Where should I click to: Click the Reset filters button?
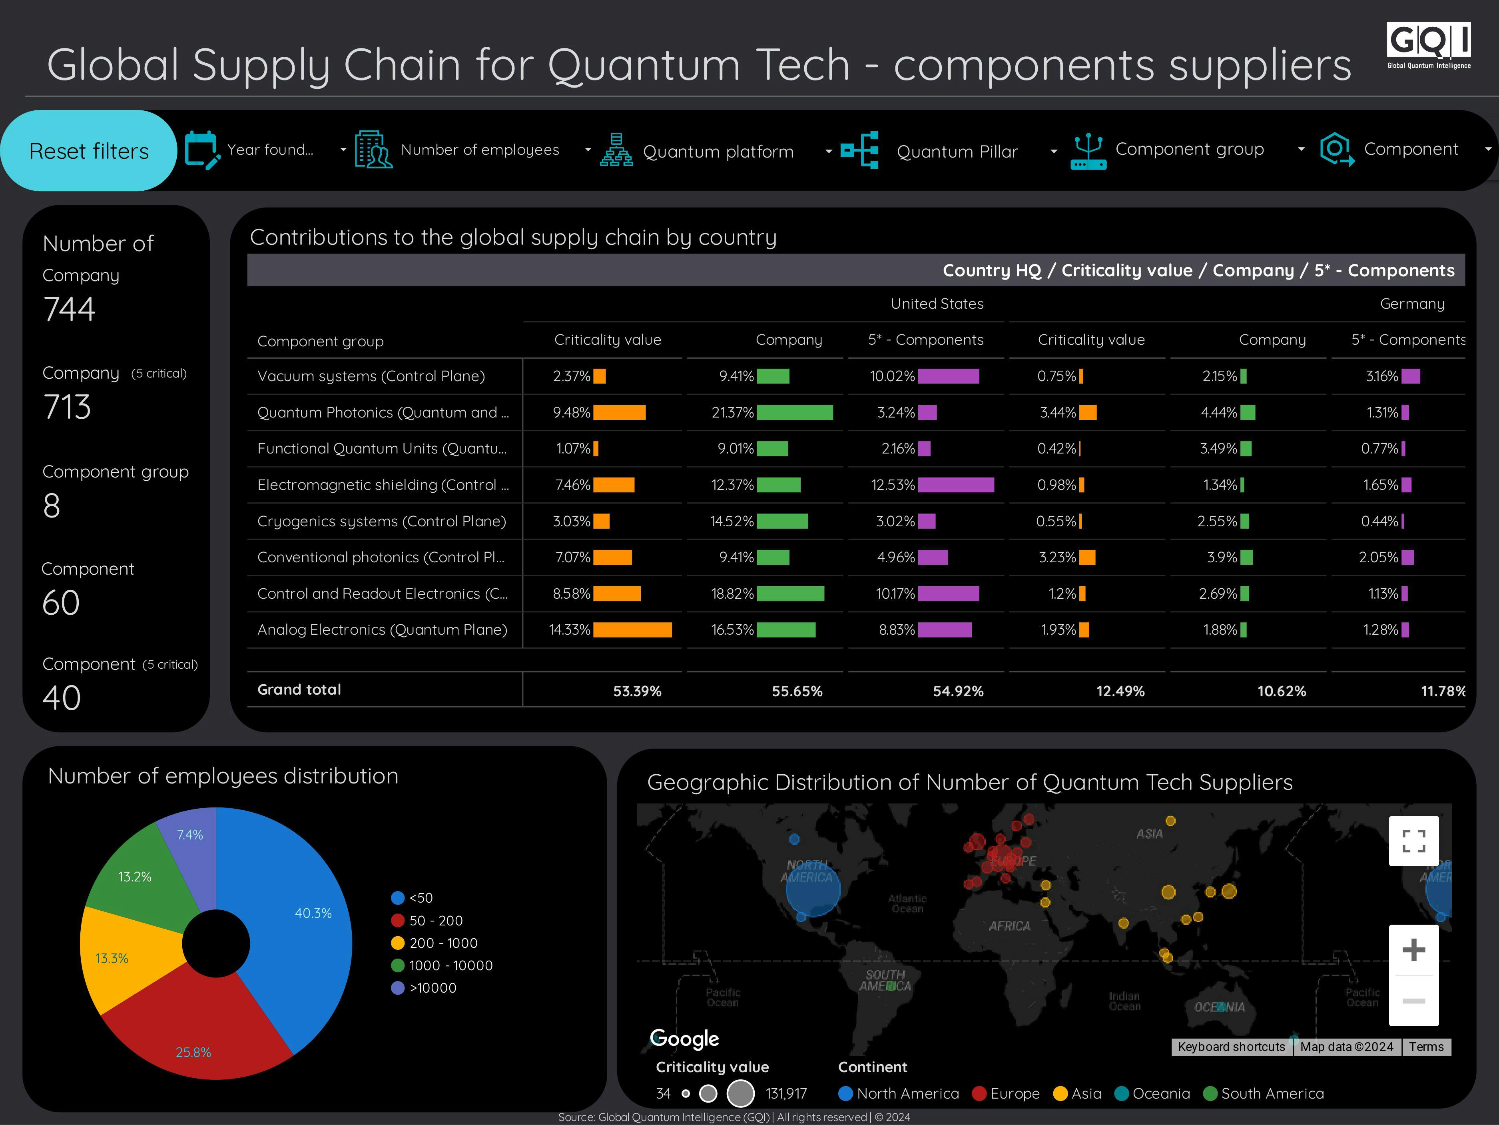point(89,150)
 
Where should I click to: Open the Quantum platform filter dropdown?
point(717,151)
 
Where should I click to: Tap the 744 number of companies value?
point(69,309)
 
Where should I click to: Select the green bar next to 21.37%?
point(794,412)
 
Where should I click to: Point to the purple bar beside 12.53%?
point(955,485)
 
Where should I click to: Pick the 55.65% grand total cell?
point(797,691)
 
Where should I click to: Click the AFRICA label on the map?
point(1009,926)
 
